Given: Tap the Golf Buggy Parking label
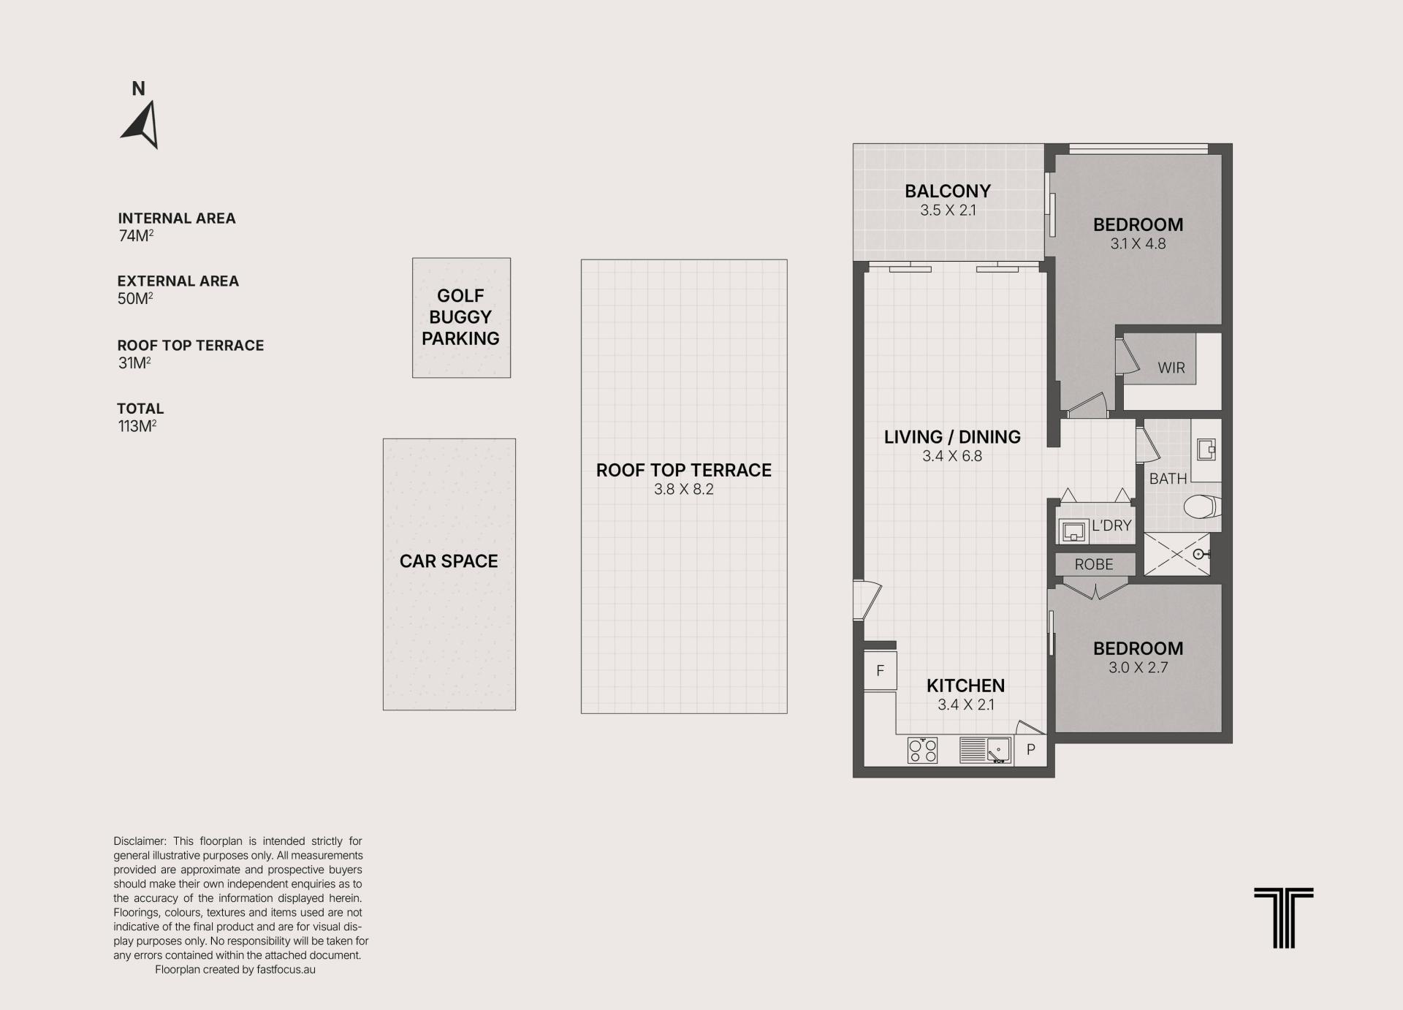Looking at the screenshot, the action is coord(460,317).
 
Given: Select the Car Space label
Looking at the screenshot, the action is coord(449,561).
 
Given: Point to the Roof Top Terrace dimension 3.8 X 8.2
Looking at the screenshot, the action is coord(684,490).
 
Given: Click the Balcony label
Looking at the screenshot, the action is coord(948,191).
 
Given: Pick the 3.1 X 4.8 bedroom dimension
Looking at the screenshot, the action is coord(1138,244).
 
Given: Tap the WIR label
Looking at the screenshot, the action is coord(1171,368).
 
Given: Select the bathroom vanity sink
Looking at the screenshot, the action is coord(1206,449).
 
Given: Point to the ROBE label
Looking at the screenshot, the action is coord(1094,565).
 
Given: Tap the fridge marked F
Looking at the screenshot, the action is coord(881,671).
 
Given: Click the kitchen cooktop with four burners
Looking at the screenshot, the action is coord(922,751).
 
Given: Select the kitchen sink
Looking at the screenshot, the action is coord(998,750).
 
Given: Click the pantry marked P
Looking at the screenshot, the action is coord(1031,750).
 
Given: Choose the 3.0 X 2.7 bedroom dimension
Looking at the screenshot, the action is coord(1138,668).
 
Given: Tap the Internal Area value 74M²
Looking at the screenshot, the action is coord(136,235).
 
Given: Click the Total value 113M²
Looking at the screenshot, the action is coord(137,426).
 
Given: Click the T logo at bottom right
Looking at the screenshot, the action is coord(1283,918).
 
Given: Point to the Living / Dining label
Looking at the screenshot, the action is coord(952,437).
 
